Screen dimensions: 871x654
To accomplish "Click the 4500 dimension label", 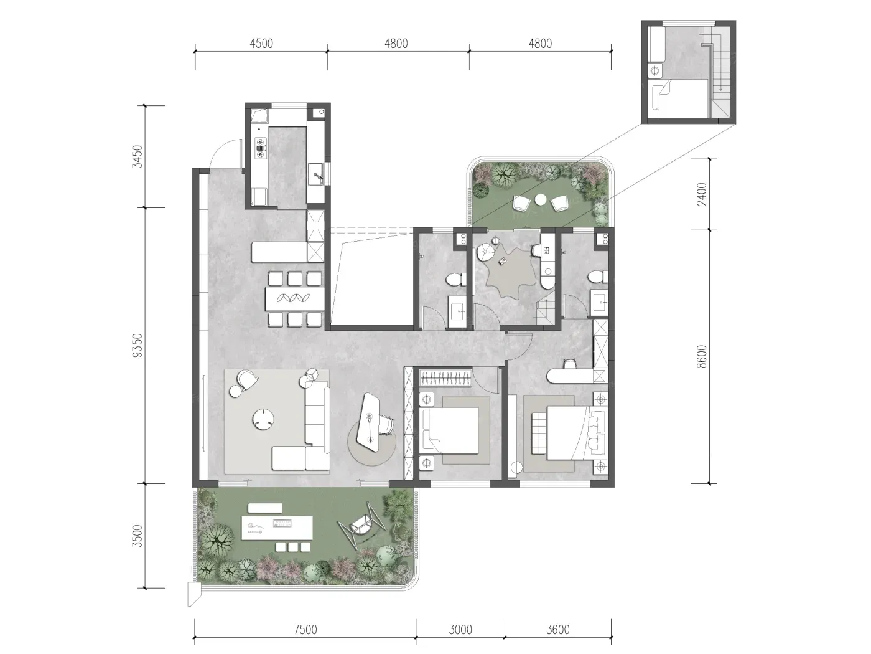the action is [x=261, y=43].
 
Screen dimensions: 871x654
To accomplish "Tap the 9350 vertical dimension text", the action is [x=137, y=345].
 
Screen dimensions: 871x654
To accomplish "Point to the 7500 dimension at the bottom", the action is [x=305, y=630].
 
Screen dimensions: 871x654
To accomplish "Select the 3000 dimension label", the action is [x=460, y=630].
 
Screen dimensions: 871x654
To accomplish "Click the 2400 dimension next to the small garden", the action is [x=702, y=194].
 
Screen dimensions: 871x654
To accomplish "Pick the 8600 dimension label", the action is [x=702, y=356].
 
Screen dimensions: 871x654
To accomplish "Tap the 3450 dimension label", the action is [x=137, y=156].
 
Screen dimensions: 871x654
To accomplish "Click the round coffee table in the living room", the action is [x=264, y=419].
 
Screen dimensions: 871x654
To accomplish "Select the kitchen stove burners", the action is [x=261, y=148].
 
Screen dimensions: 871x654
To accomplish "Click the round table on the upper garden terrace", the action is [x=540, y=199].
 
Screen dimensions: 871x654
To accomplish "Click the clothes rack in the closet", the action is [x=446, y=377].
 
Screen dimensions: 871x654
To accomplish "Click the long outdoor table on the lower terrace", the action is [x=277, y=528].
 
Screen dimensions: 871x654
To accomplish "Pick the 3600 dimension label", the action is [x=557, y=630].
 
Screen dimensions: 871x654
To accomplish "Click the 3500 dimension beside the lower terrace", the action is [x=137, y=536].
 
